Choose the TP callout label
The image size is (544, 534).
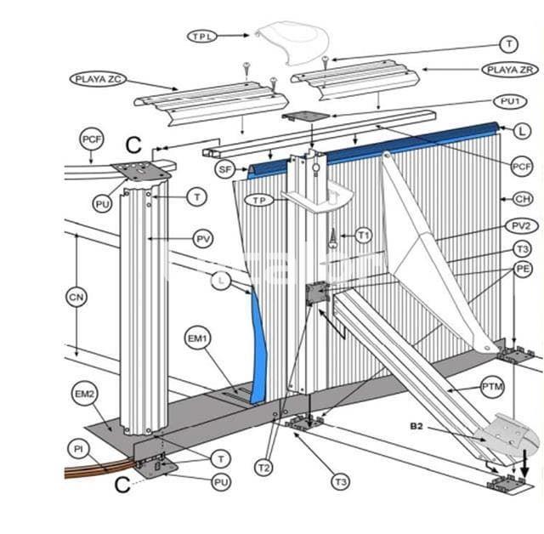point(258,200)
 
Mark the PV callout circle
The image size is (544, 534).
point(202,238)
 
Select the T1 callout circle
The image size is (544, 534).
point(364,235)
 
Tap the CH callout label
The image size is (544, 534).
point(521,199)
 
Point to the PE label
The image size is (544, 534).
point(524,269)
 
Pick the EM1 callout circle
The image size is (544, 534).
point(198,338)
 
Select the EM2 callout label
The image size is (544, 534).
point(85,395)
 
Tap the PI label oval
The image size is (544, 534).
point(77,446)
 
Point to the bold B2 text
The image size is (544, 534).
point(417,425)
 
